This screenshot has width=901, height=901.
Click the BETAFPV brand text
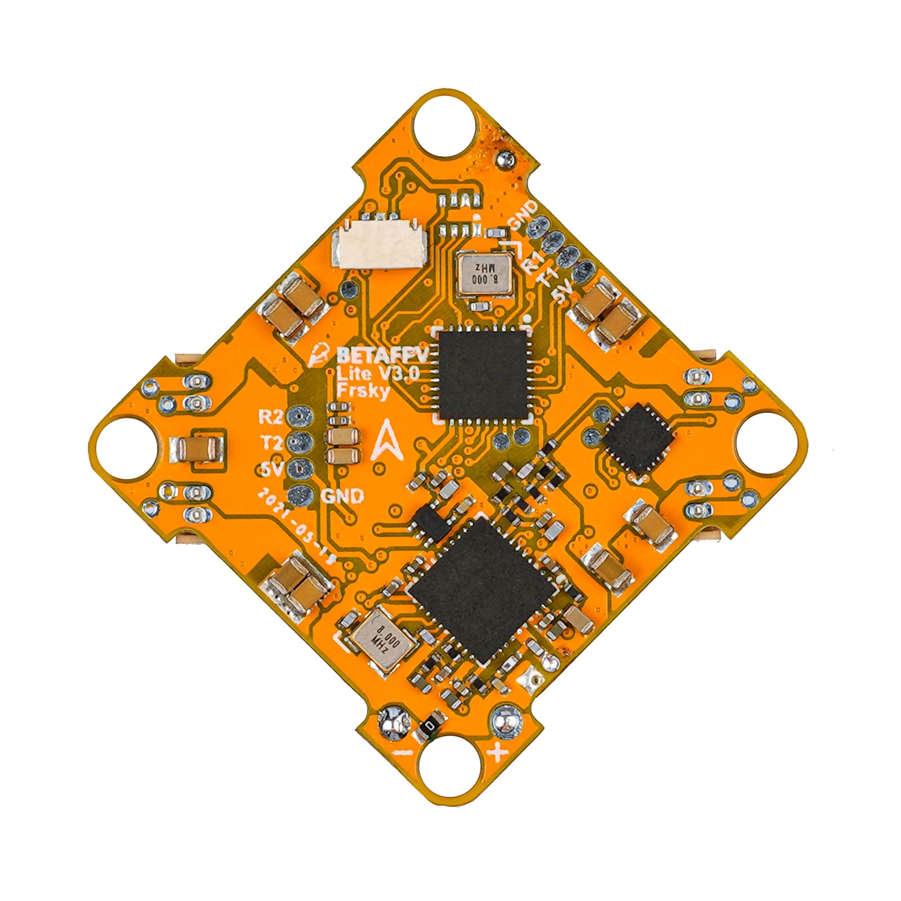click(382, 355)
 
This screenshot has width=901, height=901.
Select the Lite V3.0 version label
click(377, 373)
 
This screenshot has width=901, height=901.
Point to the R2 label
click(270, 417)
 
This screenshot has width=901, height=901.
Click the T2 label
click(270, 443)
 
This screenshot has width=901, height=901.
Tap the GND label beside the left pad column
click(342, 496)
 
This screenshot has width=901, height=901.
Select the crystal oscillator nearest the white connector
click(484, 273)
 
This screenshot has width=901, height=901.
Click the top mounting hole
click(444, 126)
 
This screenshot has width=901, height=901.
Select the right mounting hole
click(767, 443)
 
